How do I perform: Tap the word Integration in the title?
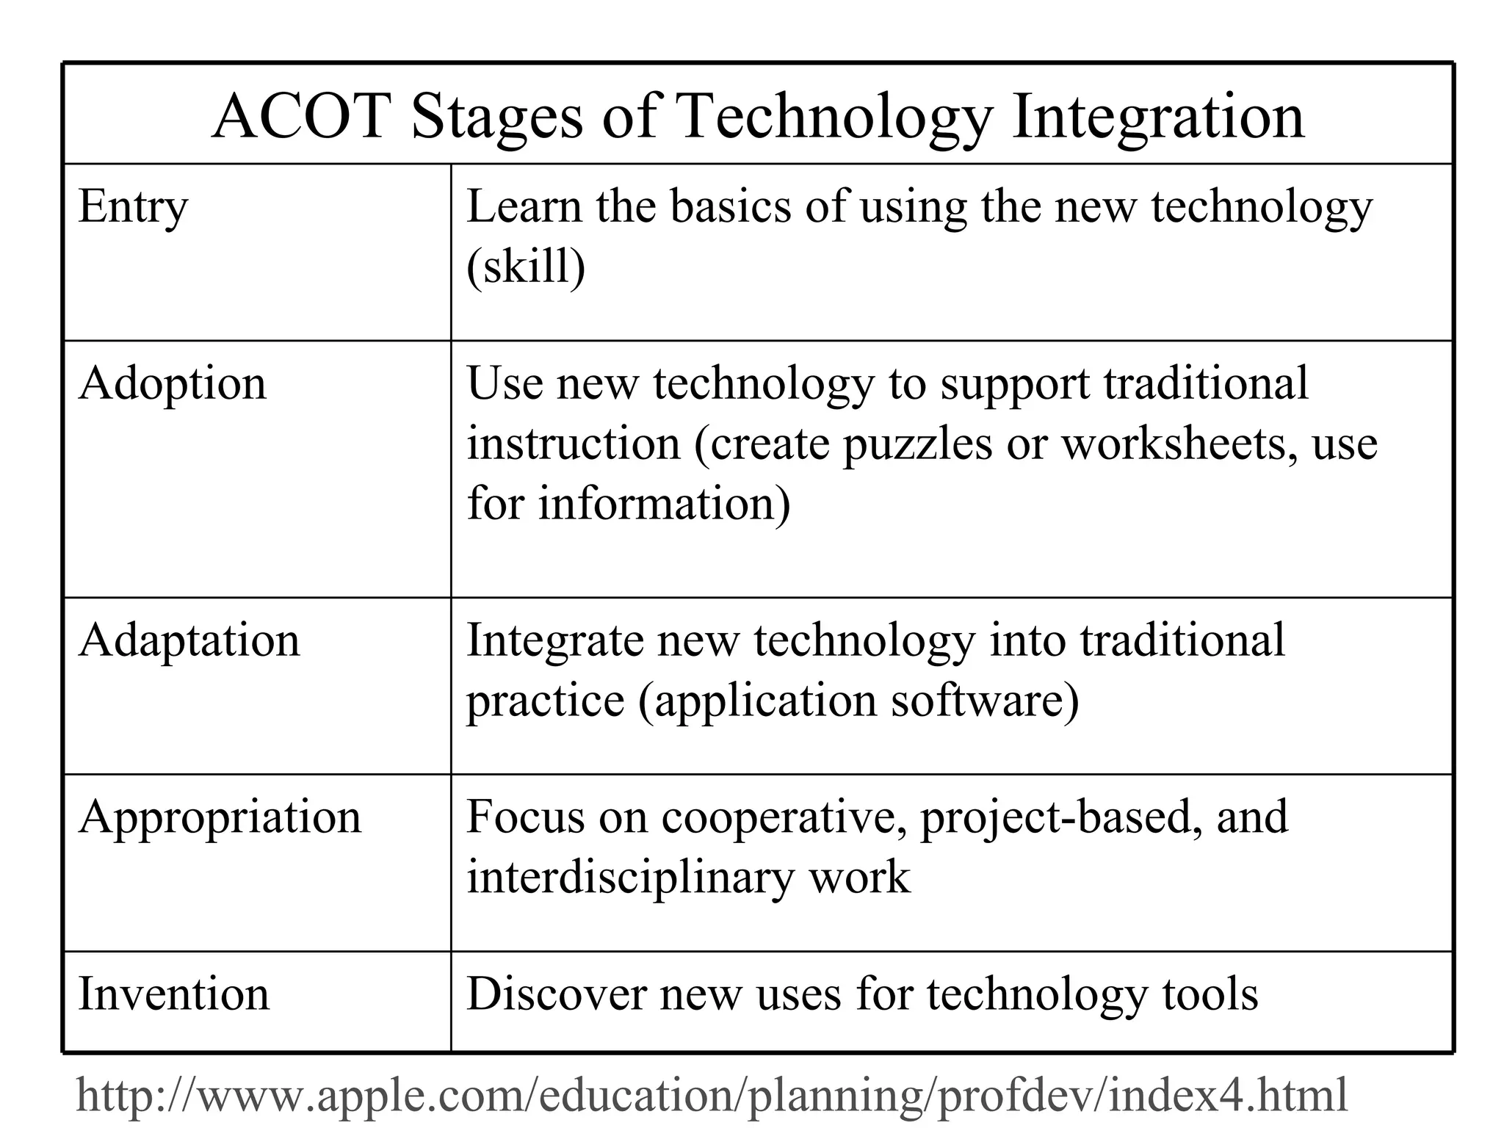pos(1157,117)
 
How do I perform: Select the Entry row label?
pos(133,207)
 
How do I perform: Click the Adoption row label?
pos(173,385)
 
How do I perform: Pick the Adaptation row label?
pos(189,640)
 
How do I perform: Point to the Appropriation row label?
pos(220,818)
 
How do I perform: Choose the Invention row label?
pos(173,994)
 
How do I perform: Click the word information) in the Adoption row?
pos(664,505)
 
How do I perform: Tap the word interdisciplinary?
pos(630,878)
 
